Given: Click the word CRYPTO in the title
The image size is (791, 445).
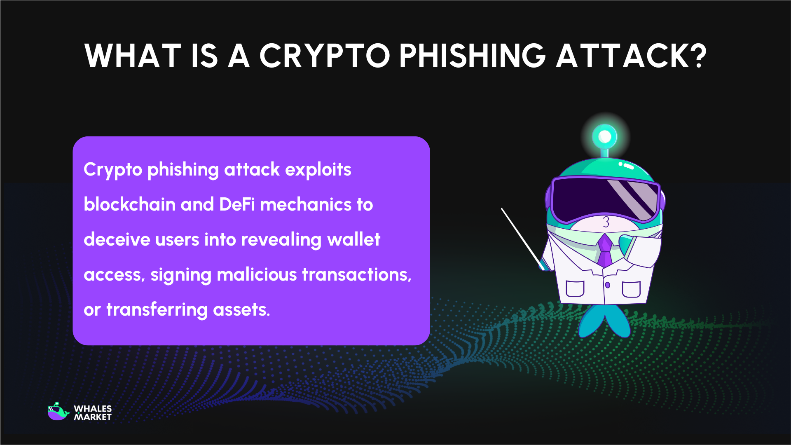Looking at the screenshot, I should pos(324,56).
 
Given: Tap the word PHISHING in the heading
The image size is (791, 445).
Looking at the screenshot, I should pos(472,56).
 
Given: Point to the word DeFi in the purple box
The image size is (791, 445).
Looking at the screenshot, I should pos(237,204).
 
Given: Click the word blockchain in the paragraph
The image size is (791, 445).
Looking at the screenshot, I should pos(129,204).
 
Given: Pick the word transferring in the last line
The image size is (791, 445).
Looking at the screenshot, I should pos(157,309).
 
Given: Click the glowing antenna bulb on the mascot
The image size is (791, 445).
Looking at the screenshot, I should pos(604,136).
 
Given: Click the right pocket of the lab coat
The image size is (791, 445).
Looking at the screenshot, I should pos(631,289).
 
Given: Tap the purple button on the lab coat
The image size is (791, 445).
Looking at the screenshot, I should pos(607,285).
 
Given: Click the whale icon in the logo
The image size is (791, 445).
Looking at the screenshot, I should pos(58,412).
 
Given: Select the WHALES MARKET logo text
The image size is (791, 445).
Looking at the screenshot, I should pos(93,413).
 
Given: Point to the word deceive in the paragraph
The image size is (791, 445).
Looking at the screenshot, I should pos(117,239).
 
